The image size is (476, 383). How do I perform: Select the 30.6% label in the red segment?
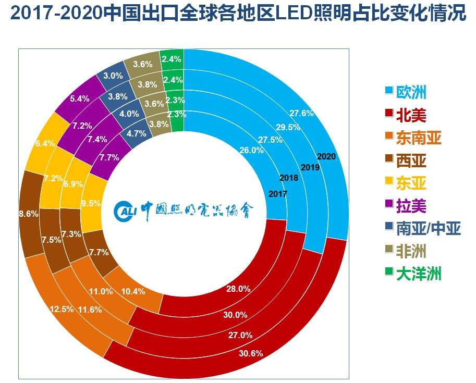(251, 353)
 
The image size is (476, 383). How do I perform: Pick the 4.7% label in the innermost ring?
(137, 133)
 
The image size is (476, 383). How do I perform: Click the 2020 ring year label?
(325, 156)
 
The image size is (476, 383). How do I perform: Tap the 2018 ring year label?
(288, 178)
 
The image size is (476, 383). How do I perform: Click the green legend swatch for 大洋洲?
(388, 273)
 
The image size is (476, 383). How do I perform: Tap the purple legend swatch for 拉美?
(388, 204)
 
